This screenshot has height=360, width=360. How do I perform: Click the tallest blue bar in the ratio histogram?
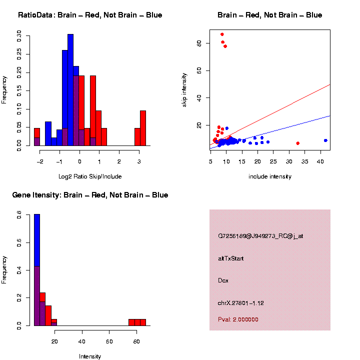click(x=70, y=90)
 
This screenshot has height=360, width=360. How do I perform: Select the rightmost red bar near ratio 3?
click(x=143, y=128)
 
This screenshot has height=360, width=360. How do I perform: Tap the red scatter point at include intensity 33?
click(x=298, y=143)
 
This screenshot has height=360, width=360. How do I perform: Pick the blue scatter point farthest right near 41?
click(x=325, y=140)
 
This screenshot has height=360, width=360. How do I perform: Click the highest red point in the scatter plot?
click(x=222, y=34)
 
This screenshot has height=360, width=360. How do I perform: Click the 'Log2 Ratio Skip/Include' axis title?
click(x=90, y=176)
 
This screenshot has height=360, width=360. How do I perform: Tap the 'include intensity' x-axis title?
click(x=270, y=176)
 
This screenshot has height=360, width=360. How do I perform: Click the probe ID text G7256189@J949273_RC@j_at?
click(x=260, y=236)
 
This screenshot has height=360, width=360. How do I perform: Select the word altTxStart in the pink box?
click(x=231, y=258)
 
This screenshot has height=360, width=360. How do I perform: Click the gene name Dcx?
click(x=223, y=280)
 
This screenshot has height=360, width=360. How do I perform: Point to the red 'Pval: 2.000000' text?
click(x=238, y=319)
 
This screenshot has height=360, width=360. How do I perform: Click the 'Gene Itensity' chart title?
click(x=90, y=195)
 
